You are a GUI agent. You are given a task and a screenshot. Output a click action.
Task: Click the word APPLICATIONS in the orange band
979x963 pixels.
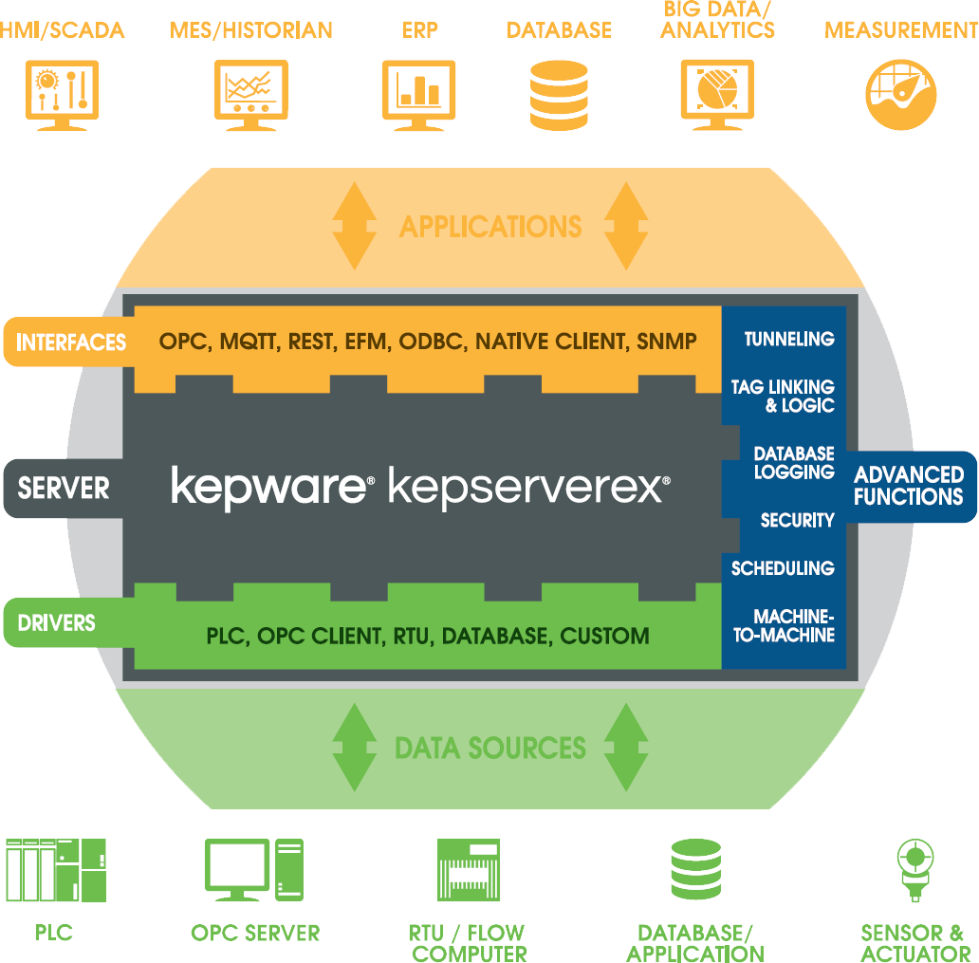point(490,228)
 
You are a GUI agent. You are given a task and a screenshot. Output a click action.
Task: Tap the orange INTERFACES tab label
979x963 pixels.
point(71,343)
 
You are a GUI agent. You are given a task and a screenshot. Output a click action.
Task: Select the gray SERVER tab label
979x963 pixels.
point(64,490)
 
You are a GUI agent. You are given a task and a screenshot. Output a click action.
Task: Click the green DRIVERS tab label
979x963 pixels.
point(57,623)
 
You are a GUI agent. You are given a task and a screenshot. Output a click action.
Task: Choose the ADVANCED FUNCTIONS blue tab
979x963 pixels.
point(908,486)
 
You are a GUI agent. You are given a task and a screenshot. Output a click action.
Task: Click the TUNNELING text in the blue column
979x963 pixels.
point(788,340)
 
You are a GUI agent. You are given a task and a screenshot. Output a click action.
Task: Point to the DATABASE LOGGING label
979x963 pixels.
point(793,463)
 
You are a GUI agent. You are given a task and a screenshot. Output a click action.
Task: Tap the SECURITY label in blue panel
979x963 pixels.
point(797,521)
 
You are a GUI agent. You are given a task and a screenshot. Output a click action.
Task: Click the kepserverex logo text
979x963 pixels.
point(528,489)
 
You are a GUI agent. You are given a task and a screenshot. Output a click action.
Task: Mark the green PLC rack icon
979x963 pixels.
point(55,870)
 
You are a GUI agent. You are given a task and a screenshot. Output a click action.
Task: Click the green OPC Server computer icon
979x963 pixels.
point(253,870)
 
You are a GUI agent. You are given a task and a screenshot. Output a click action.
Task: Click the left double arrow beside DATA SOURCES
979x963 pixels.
point(352,748)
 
